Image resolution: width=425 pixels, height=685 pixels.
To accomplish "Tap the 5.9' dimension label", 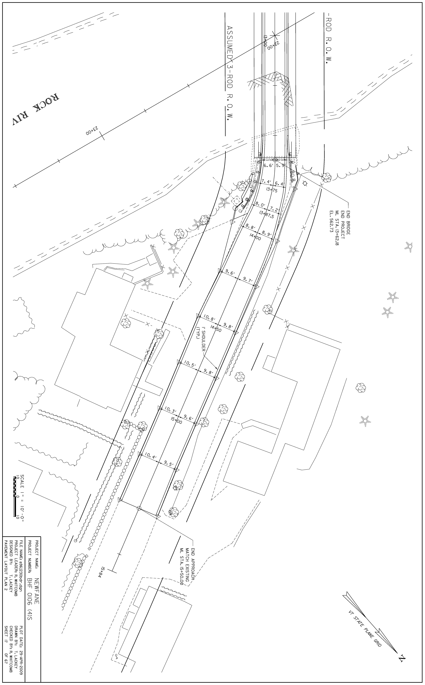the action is (x=281, y=166).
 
